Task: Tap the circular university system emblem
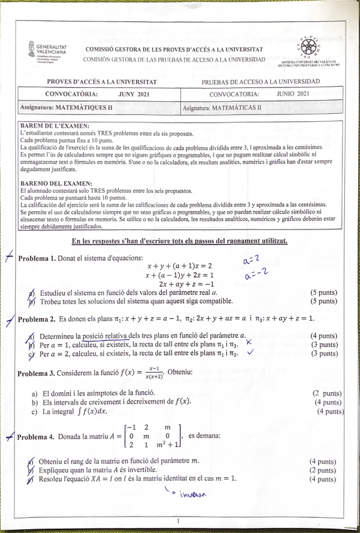point(309,48)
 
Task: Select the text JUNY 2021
point(134,94)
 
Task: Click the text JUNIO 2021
point(293,94)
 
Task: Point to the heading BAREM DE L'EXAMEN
point(55,126)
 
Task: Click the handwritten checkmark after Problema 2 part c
point(251,353)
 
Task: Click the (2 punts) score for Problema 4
point(323,470)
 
